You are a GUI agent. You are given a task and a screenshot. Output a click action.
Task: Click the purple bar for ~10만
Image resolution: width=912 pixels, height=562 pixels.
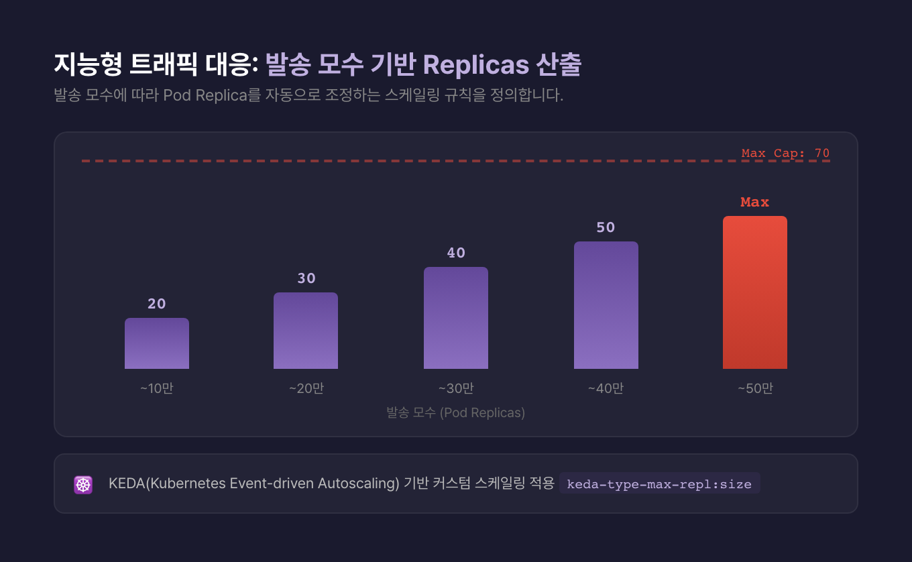click(x=157, y=343)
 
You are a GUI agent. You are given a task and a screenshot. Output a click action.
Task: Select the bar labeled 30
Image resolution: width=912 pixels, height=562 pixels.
click(x=306, y=331)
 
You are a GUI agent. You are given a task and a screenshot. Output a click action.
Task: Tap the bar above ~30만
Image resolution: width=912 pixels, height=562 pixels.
click(x=456, y=318)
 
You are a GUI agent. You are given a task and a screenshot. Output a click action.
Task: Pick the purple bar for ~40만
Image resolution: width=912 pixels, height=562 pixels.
click(x=606, y=305)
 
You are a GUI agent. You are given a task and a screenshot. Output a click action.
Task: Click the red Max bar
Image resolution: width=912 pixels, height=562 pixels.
click(x=755, y=292)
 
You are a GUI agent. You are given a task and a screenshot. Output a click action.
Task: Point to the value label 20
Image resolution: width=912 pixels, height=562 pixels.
click(x=157, y=304)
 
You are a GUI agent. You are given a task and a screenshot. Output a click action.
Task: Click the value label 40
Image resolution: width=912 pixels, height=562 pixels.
click(x=456, y=253)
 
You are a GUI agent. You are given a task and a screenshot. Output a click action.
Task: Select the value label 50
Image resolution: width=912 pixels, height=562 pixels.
click(x=606, y=227)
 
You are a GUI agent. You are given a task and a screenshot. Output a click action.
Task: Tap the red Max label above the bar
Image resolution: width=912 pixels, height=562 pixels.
click(x=755, y=202)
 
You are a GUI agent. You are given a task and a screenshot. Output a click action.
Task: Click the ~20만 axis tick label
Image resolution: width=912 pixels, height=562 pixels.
click(x=306, y=388)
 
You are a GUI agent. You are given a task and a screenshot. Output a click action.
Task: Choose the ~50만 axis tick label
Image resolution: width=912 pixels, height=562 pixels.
click(x=756, y=388)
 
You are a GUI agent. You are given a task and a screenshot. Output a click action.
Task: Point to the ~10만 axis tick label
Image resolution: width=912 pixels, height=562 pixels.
click(x=157, y=388)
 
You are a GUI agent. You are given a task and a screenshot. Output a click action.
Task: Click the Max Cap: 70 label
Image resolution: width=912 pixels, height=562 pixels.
click(x=785, y=154)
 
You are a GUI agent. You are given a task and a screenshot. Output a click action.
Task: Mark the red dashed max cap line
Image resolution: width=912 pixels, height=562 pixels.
click(x=402, y=161)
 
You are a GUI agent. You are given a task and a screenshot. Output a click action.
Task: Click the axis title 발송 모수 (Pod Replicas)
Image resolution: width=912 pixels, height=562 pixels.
click(x=456, y=412)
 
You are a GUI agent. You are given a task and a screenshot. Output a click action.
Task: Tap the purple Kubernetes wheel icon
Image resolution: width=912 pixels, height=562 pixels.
click(x=83, y=484)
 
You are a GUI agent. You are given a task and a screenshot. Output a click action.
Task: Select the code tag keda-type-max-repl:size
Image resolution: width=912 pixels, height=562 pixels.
click(x=659, y=484)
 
